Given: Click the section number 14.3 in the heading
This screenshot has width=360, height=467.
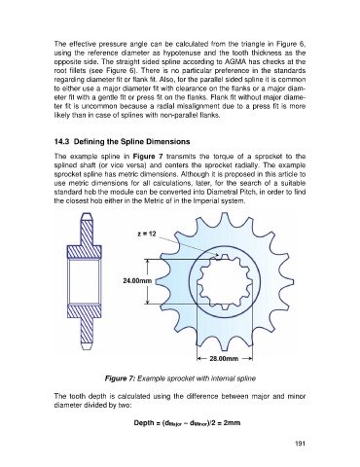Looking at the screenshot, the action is [61, 142].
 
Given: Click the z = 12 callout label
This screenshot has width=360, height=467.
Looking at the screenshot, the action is [147, 233].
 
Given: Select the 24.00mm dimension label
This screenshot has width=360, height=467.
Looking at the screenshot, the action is [137, 280].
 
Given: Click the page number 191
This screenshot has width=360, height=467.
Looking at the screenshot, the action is [300, 444].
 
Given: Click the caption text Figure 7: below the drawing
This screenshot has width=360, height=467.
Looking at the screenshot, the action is [120, 378].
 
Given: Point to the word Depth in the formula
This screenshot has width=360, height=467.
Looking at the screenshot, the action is [144, 423].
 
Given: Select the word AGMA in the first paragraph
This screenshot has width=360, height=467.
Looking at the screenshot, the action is [230, 61].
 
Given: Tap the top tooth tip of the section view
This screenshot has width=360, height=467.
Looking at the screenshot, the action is [86, 216].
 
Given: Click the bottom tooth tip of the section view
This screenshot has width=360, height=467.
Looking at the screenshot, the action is [86, 346].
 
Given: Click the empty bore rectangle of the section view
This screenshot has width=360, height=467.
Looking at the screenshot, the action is [84, 281].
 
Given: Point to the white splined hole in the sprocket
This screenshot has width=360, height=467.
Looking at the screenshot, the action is [224, 281].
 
